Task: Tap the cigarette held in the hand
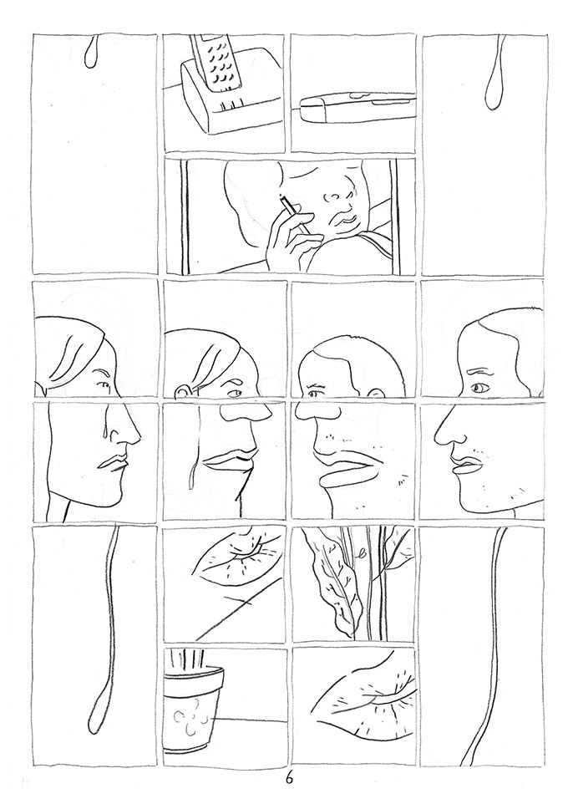[288, 206]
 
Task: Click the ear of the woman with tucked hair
[182, 389]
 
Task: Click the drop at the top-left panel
[92, 53]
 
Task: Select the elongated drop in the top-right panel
[492, 84]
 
